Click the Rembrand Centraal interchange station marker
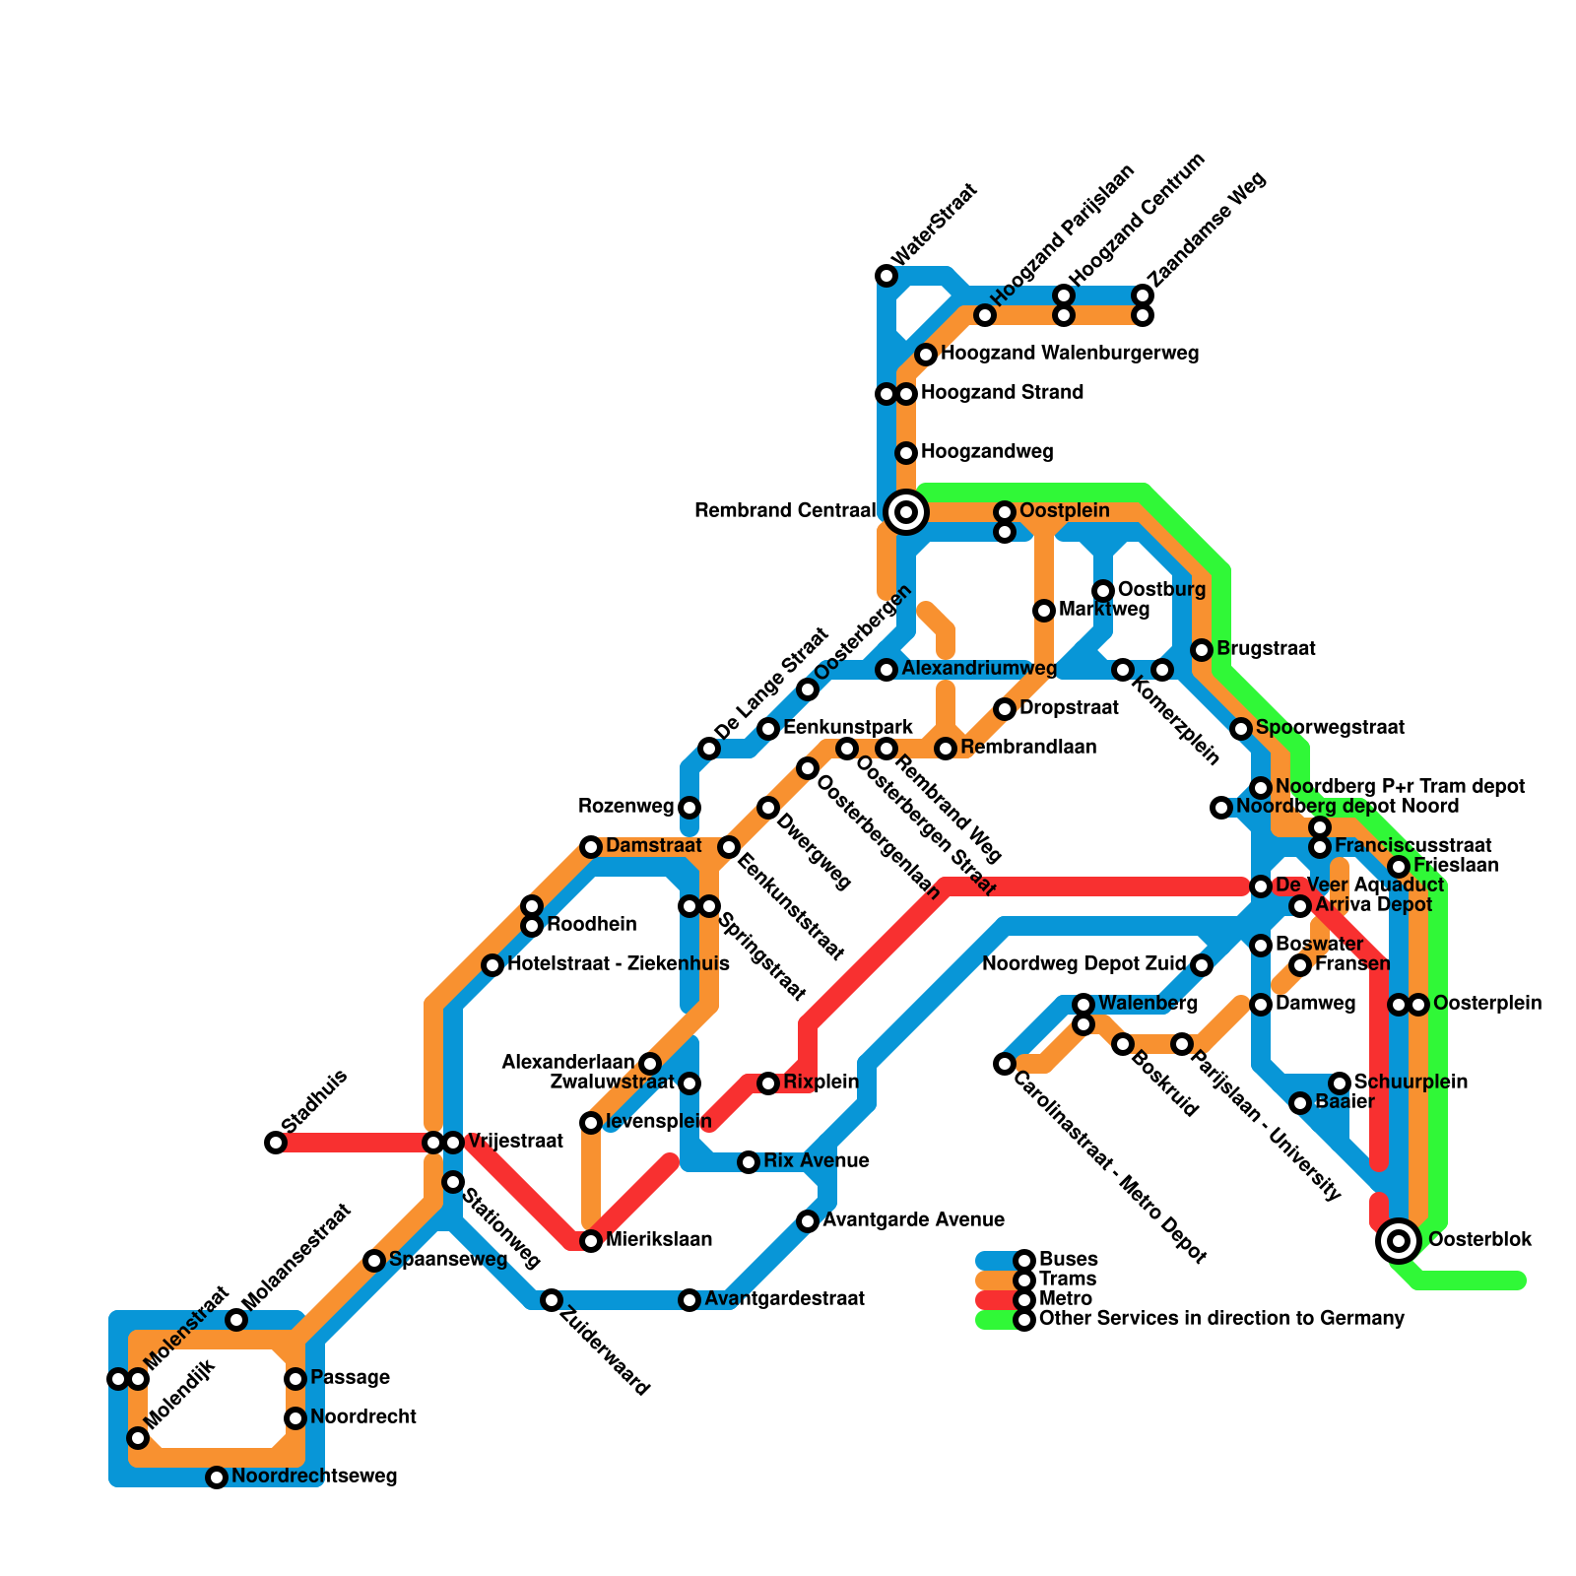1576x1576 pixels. click(x=906, y=511)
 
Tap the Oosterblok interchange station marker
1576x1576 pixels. click(x=1398, y=1240)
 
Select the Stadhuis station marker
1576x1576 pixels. click(x=276, y=1143)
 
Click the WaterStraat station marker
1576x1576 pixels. click(x=886, y=276)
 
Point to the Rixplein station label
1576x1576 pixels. click(x=821, y=1083)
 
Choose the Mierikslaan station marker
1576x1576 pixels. click(x=591, y=1241)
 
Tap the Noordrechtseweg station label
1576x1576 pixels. click(x=314, y=1477)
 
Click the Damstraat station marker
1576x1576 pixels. click(x=591, y=847)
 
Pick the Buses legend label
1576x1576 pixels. click(x=1068, y=1260)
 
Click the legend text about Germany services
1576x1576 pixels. click(x=1221, y=1319)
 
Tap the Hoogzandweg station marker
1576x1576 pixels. click(x=906, y=453)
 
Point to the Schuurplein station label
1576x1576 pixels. click(x=1411, y=1083)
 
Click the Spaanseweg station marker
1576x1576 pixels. click(x=374, y=1261)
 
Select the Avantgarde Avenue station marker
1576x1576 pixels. click(x=808, y=1221)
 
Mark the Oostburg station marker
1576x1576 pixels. click(x=1103, y=591)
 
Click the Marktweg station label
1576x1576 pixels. click(x=1104, y=610)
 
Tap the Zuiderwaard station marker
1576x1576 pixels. click(x=552, y=1300)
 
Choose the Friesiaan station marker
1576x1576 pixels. click(x=1399, y=867)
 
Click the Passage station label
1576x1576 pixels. click(x=350, y=1378)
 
